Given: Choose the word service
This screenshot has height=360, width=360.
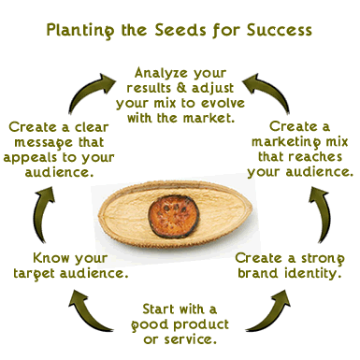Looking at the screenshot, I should [204, 340].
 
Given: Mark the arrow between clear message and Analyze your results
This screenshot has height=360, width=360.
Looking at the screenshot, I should [86, 86].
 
